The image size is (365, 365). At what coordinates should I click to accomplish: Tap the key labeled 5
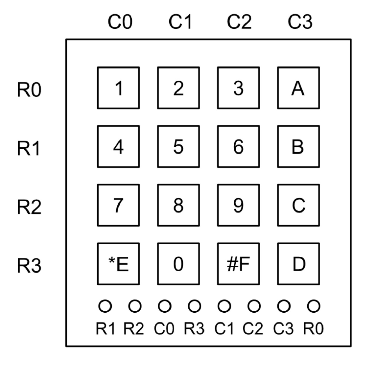pos(178,147)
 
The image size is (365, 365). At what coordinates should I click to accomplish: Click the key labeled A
pos(298,88)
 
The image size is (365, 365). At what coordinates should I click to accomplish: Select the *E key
pos(118,264)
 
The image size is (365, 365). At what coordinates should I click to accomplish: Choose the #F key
pos(238,264)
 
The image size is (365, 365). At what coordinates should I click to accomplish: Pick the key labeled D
pos(298,264)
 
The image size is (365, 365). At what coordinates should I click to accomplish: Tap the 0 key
pos(178,264)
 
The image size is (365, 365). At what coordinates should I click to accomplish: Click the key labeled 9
pos(238,205)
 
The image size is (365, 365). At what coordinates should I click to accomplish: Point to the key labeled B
pos(298,147)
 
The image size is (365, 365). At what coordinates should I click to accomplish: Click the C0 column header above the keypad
pos(120,22)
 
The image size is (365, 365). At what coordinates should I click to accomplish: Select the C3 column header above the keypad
pos(300,22)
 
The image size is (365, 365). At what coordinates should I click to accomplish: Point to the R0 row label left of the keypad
pos(29,90)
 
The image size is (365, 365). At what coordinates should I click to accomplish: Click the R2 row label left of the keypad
pos(29,207)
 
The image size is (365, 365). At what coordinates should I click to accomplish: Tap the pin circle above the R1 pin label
pos(105,306)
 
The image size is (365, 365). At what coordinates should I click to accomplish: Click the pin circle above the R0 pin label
pos(314,306)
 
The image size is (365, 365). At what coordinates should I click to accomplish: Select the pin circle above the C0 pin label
pos(165,306)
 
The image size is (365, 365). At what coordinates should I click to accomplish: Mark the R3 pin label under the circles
pos(194,329)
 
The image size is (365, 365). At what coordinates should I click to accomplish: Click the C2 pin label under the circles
pos(253,329)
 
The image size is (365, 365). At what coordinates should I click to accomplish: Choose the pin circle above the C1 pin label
pos(224,306)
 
